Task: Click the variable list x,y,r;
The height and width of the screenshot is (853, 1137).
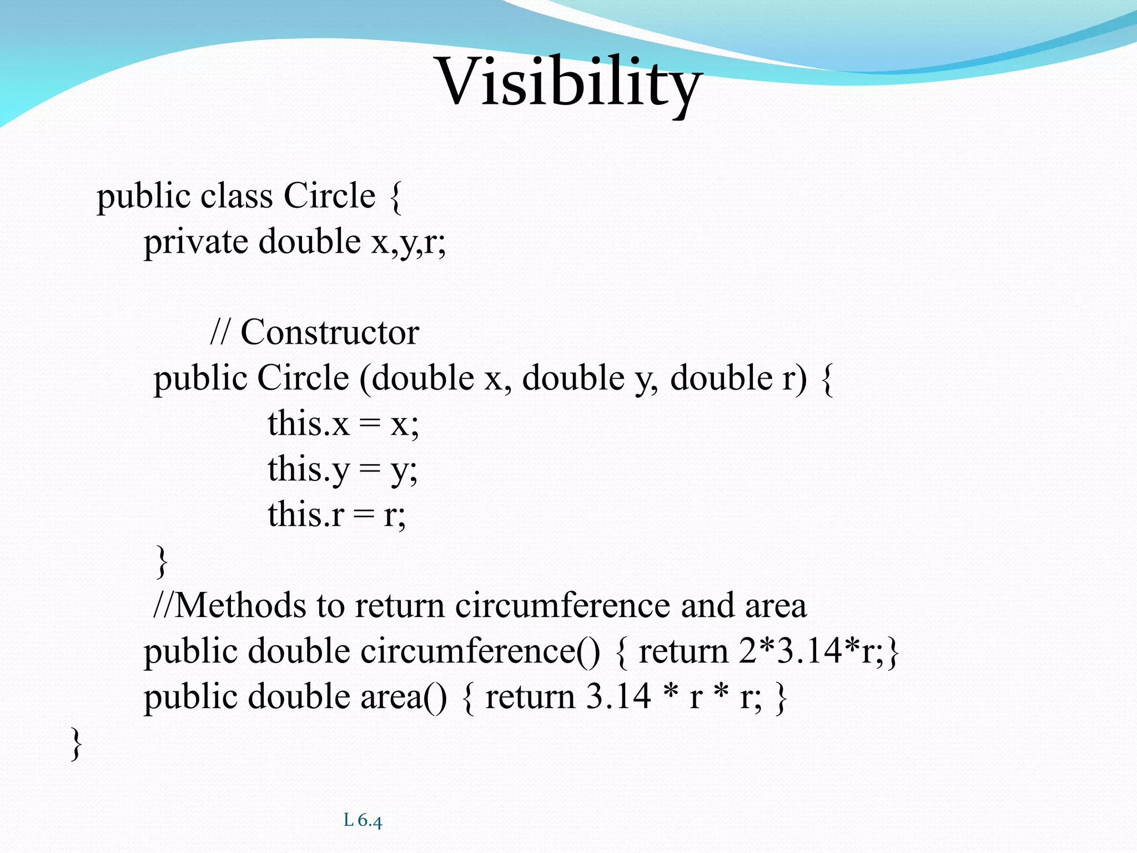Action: click(408, 242)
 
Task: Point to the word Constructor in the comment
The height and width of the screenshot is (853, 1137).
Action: click(330, 333)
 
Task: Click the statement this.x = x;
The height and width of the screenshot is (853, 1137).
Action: click(343, 424)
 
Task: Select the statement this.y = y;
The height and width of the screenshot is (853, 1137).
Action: click(343, 470)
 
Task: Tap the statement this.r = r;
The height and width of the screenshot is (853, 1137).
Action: click(336, 515)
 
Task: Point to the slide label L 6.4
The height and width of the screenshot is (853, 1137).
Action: click(363, 820)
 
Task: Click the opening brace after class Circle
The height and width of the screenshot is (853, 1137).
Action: click(395, 197)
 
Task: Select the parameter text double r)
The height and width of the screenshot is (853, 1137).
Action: click(738, 379)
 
